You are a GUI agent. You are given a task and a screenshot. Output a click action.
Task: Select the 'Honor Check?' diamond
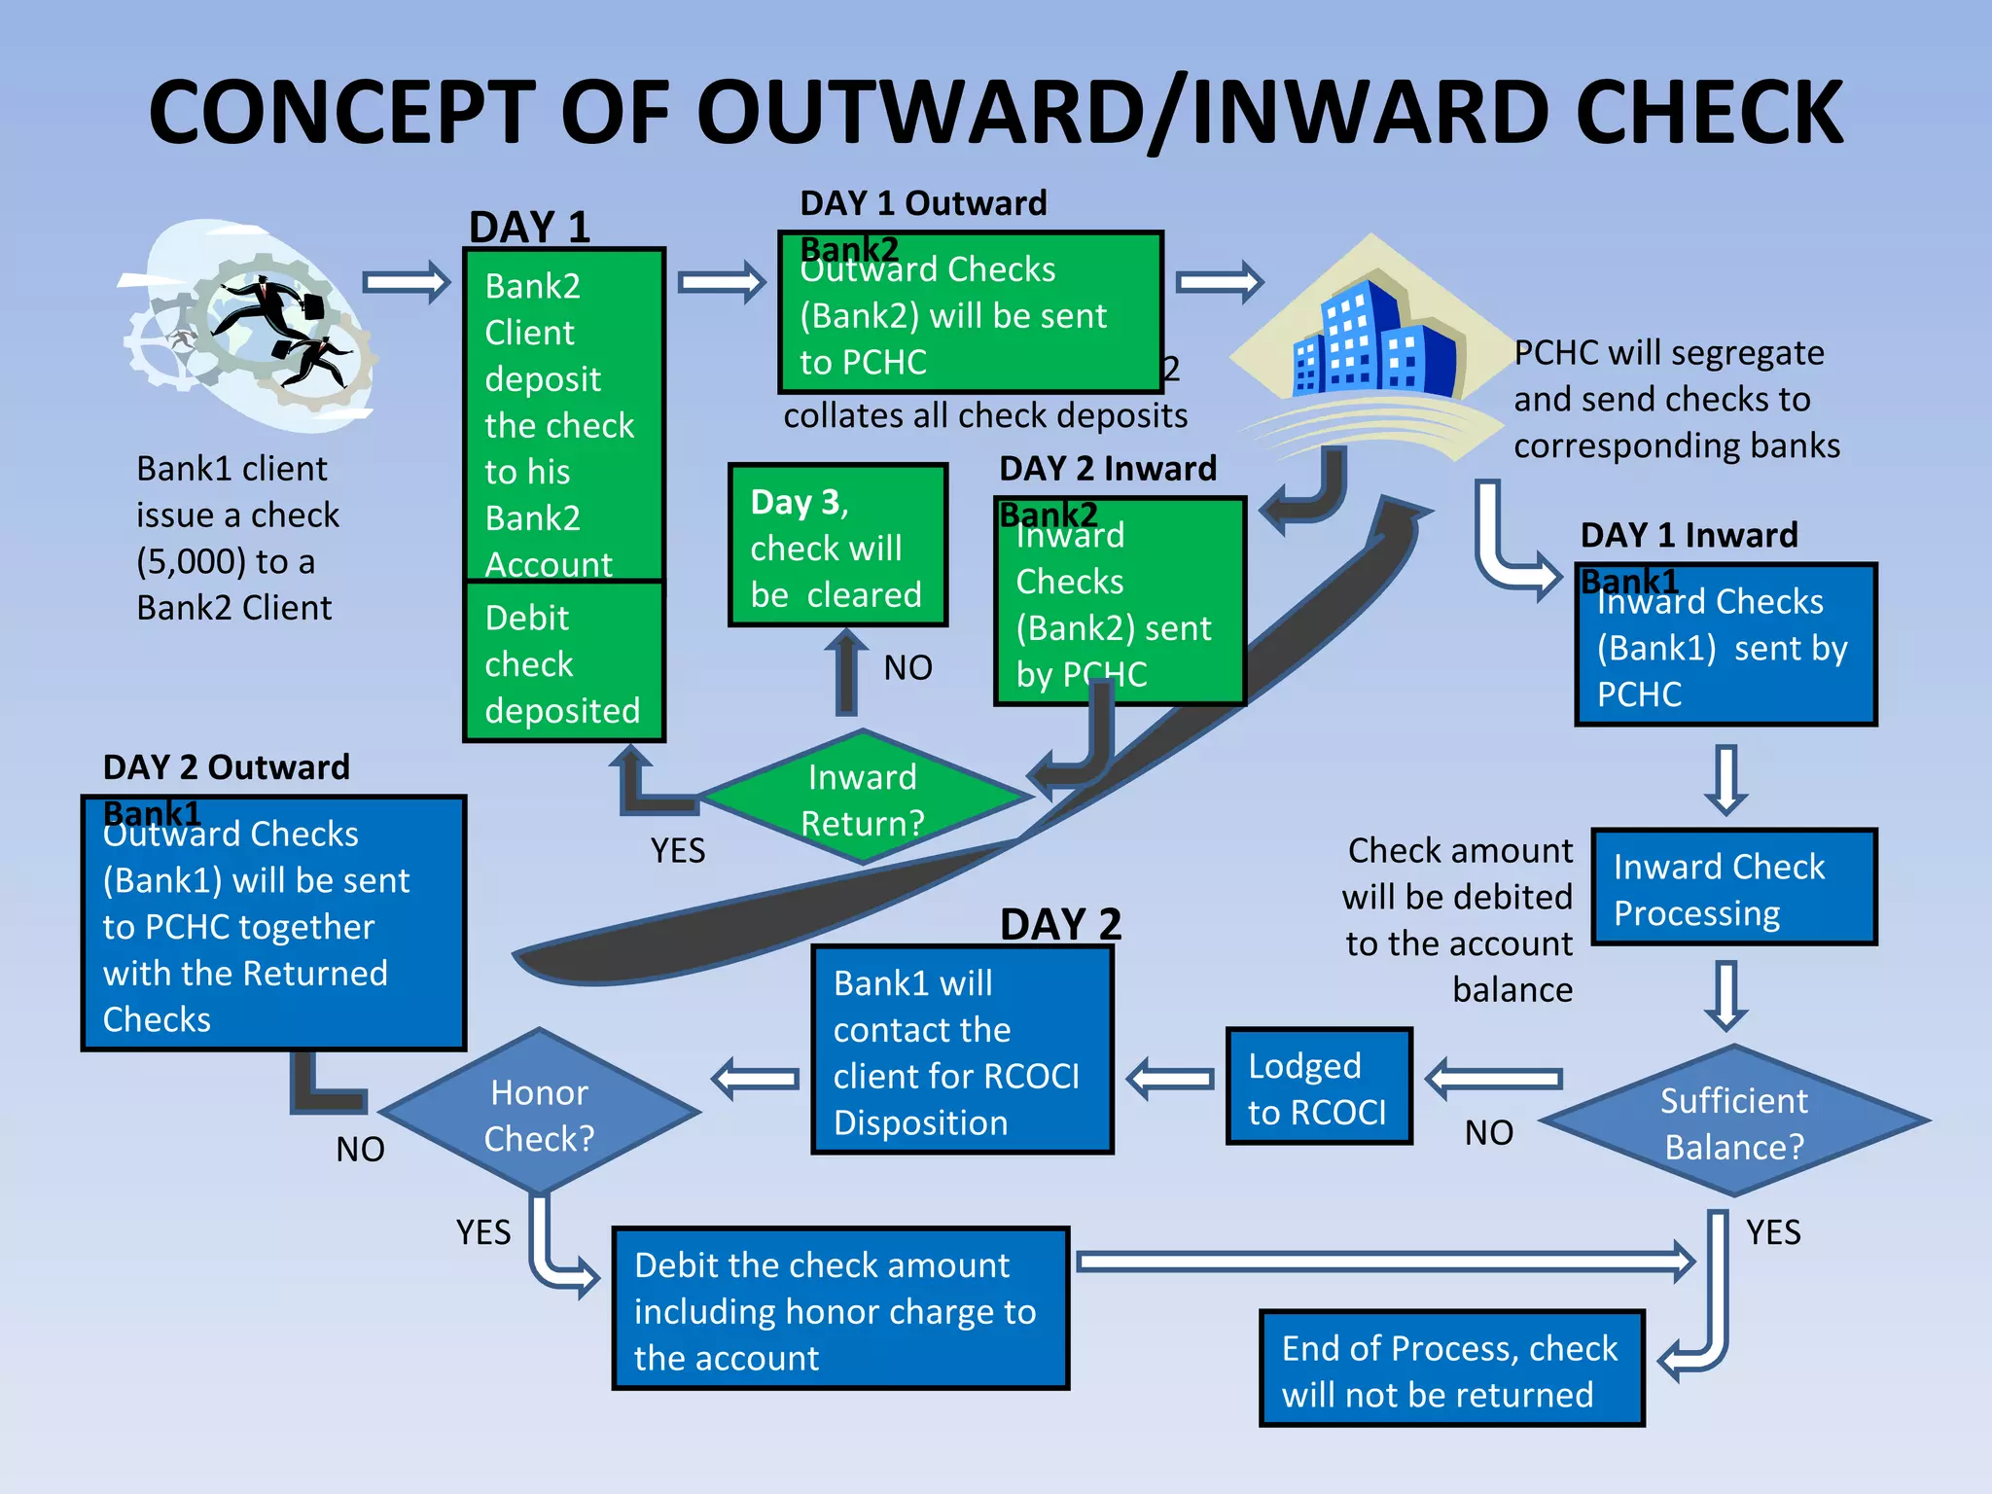(540, 1114)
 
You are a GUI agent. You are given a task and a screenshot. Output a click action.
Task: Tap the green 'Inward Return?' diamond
(862, 799)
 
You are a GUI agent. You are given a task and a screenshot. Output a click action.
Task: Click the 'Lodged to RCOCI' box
(1318, 1087)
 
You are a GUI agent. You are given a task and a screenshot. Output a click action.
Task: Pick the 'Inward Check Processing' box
(1733, 888)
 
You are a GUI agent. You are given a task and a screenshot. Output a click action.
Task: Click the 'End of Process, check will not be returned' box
(1450, 1369)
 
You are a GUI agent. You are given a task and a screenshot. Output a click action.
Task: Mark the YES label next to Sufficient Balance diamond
(1772, 1232)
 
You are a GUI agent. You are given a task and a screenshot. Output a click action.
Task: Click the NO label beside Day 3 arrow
(907, 668)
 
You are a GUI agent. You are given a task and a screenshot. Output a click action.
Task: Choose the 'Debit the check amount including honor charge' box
(839, 1309)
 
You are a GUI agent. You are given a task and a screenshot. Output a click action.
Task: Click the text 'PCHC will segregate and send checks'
(1675, 399)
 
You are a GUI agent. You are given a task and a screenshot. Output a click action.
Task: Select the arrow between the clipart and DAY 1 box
(407, 283)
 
